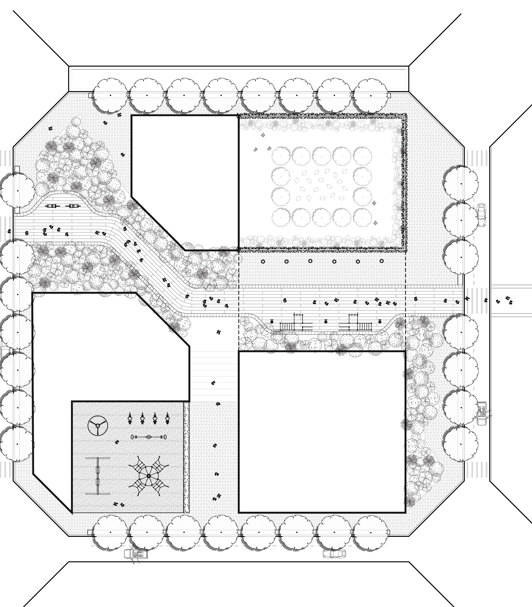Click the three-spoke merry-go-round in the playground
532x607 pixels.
(x=97, y=426)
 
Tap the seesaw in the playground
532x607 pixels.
(x=148, y=437)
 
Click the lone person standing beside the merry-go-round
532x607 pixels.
(x=117, y=442)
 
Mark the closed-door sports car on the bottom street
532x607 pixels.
(x=334, y=553)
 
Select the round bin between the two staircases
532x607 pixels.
(x=326, y=321)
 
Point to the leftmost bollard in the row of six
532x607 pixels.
(x=263, y=262)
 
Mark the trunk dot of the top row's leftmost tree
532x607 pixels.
(x=111, y=95)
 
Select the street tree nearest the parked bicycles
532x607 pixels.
(x=17, y=191)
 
